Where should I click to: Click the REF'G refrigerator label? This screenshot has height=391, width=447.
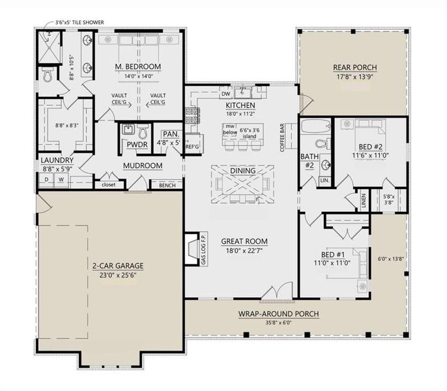(x=192, y=146)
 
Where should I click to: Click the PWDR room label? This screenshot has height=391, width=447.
(x=136, y=145)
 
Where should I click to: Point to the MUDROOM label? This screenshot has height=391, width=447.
(x=142, y=166)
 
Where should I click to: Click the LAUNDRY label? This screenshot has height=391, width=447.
(x=56, y=160)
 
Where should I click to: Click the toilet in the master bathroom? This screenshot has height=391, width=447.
(x=48, y=76)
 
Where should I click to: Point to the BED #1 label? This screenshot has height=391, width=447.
(x=332, y=253)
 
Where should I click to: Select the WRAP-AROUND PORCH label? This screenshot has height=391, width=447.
(x=278, y=313)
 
